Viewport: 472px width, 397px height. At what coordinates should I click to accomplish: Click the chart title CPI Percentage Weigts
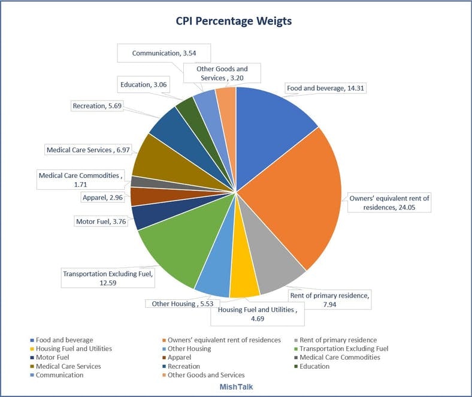point(234,21)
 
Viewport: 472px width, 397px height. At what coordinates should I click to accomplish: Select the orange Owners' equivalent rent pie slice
point(294,192)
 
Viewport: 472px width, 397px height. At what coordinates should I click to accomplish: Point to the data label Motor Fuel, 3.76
point(101,221)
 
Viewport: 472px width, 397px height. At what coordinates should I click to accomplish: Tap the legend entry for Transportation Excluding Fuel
point(343,348)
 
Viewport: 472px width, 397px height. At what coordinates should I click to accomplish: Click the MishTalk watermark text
point(236,387)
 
